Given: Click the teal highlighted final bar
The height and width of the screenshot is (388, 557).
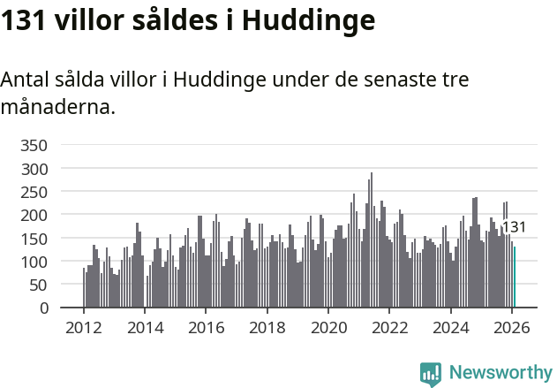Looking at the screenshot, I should point(515,278).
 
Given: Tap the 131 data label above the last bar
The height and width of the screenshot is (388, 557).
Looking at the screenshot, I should point(514,227).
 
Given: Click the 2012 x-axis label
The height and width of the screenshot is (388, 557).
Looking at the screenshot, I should point(84,328).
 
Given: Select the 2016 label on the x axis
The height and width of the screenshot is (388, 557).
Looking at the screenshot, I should point(206,328).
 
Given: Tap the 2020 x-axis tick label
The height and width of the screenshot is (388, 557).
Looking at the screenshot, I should point(328,328).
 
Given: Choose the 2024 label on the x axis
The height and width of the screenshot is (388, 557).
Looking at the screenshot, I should point(451,328).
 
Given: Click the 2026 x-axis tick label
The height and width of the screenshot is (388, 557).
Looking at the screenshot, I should point(512,328).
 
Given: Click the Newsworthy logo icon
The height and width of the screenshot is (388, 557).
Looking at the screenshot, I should point(431,374).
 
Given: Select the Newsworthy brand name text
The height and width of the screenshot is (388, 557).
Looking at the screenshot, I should point(501,373).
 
